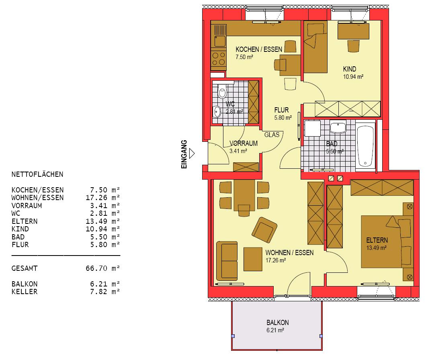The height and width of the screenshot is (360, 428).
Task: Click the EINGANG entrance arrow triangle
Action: coord(192,153)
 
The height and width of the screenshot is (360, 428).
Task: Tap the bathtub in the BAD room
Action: coord(365,146)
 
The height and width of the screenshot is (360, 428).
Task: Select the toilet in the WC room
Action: coord(222,91)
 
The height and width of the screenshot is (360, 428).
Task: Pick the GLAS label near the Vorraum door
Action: coord(272,135)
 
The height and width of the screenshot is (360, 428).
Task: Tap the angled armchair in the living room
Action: coord(264,230)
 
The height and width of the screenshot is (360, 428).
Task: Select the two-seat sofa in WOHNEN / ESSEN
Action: coord(227,261)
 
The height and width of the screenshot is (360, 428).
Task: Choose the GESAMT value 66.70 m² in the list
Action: coord(102,268)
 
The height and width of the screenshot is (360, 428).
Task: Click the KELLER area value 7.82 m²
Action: coord(105,291)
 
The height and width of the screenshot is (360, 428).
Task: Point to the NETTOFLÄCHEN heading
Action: coord(37,174)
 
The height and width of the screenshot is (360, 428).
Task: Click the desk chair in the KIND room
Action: coord(353,46)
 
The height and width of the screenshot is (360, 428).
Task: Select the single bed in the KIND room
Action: coord(315,47)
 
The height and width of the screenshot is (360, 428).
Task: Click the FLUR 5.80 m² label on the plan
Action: coord(283,114)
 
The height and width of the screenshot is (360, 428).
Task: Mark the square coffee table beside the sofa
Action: coord(253,259)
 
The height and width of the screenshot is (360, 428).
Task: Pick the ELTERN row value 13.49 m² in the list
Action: coord(102,221)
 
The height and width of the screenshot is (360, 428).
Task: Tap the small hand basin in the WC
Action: coord(217,112)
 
